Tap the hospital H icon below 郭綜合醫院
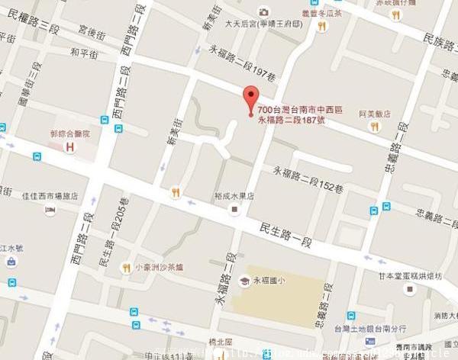(70, 146)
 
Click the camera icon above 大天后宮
(263, 11)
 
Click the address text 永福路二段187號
(291, 121)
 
